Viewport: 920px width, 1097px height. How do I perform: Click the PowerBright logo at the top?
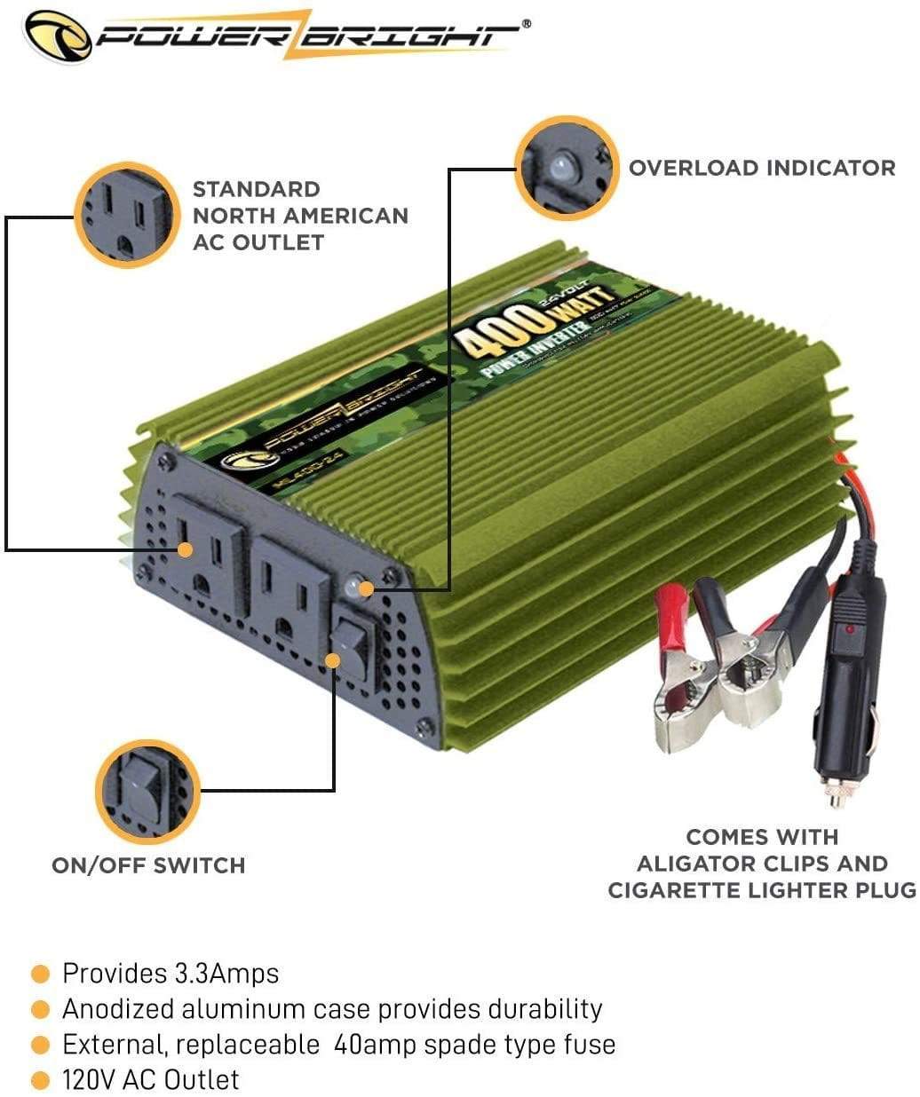275,36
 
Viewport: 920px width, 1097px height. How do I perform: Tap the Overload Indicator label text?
762,168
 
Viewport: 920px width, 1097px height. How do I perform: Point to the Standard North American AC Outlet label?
300,216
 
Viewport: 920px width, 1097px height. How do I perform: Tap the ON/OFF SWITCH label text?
148,865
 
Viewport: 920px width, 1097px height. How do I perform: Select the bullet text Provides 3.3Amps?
170,973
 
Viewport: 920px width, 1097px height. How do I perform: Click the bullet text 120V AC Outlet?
150,1079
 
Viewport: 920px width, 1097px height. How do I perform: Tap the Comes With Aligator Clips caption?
761,863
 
